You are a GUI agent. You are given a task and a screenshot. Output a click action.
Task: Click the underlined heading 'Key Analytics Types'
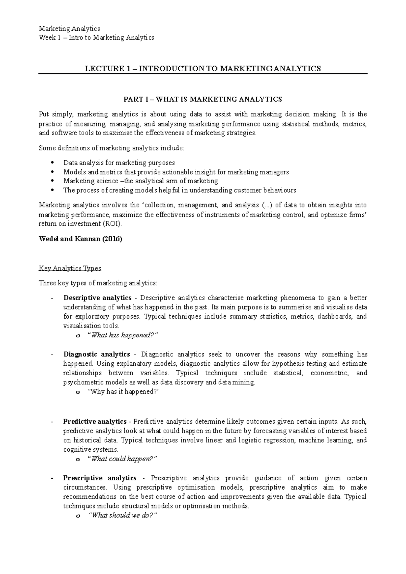coord(70,268)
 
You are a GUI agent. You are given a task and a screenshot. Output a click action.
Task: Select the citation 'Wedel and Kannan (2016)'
coord(81,239)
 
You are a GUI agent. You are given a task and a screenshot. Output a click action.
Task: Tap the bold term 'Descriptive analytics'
coord(97,298)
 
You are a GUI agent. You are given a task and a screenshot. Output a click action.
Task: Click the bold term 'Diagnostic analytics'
coord(96,354)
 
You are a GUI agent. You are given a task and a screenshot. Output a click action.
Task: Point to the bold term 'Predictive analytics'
coord(95,422)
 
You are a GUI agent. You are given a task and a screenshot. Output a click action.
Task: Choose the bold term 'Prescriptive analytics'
coord(99,478)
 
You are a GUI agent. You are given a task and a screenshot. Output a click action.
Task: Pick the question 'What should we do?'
coord(122,516)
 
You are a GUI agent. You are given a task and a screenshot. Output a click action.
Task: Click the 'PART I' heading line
coord(203,99)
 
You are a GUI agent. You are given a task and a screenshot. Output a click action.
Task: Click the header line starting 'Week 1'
coord(96,38)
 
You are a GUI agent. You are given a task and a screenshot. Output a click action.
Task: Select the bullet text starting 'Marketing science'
coord(140,181)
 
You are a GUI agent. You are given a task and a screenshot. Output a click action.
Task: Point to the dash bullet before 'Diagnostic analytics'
coord(51,355)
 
